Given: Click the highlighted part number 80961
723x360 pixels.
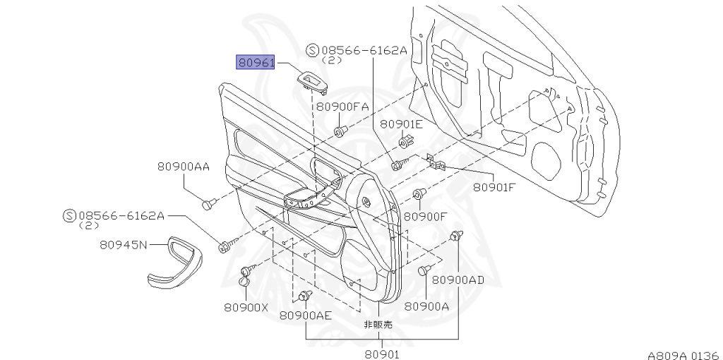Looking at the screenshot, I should [256, 62].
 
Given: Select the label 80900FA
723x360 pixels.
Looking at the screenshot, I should [342, 107].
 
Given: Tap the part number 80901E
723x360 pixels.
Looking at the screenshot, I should [401, 124].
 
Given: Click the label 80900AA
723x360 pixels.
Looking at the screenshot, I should [184, 167].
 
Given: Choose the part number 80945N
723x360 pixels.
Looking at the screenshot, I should [124, 246].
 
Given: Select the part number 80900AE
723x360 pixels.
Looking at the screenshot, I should [305, 316].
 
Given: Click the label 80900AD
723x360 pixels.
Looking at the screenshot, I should [458, 280].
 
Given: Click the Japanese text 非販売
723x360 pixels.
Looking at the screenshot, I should [378, 325].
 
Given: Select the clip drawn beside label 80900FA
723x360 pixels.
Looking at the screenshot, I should [341, 131].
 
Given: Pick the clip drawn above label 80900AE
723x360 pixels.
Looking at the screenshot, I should [306, 294].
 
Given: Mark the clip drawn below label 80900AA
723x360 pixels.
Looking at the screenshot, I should [208, 204].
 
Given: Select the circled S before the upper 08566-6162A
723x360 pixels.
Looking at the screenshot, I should [313, 50].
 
